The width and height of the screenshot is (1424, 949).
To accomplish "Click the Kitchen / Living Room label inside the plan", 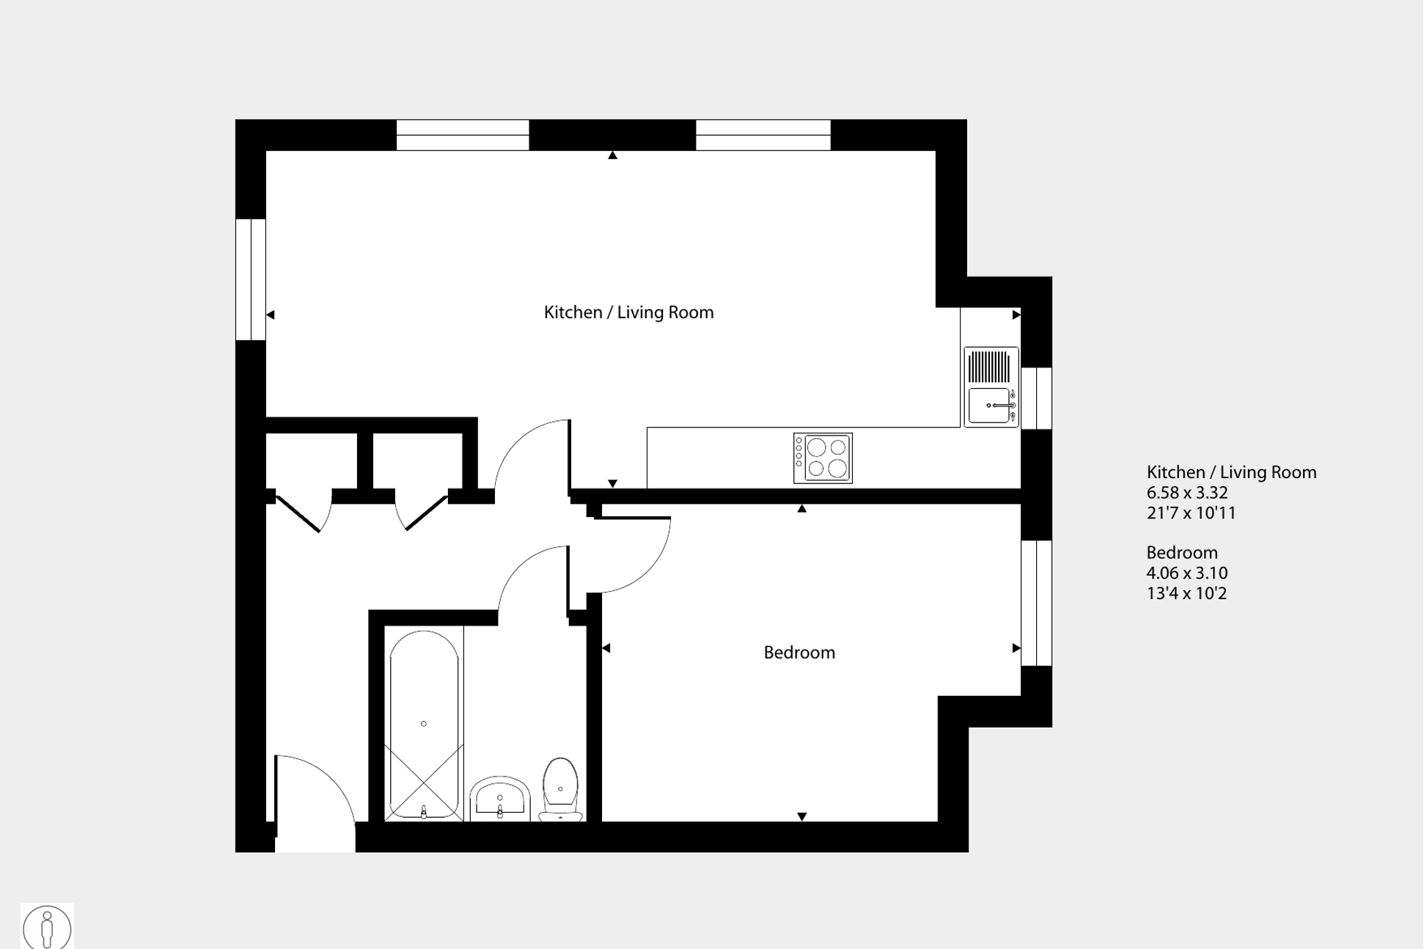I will [628, 312].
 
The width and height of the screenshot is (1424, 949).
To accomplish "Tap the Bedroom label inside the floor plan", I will [799, 653].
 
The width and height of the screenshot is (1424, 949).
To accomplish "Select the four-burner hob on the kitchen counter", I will [823, 458].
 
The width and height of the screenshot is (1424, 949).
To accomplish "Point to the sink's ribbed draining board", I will [989, 366].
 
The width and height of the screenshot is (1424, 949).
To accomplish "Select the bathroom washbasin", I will [500, 799].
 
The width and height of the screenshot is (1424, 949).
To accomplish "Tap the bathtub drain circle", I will [424, 724].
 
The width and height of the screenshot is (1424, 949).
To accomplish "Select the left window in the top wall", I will [463, 135].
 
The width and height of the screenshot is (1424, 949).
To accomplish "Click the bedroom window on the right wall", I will [1036, 603].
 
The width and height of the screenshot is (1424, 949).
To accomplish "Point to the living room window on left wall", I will [250, 279].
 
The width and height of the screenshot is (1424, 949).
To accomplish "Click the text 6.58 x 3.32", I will [1186, 493].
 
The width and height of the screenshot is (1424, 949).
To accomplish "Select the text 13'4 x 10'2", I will [1186, 593].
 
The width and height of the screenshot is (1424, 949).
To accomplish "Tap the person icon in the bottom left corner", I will [47, 927].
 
